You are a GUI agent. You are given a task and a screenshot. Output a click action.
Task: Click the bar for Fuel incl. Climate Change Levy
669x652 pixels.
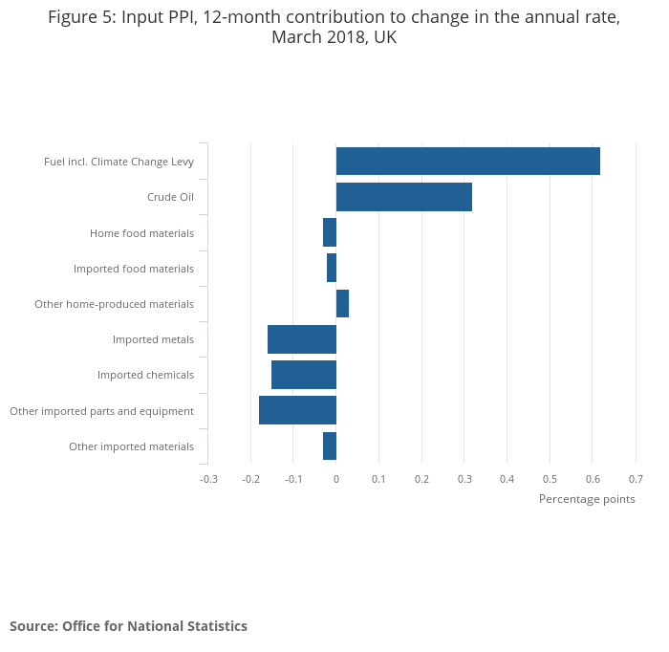pos(467,162)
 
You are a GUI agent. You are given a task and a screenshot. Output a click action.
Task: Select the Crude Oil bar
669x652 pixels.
pos(403,197)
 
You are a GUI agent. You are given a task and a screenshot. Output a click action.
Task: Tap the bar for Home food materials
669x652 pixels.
pos(330,232)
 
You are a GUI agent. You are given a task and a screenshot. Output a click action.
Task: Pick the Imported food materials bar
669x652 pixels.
pos(332,268)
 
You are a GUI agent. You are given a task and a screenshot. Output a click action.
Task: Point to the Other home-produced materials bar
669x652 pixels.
pos(342,304)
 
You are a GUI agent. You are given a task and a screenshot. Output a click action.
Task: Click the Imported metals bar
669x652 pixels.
pos(302,339)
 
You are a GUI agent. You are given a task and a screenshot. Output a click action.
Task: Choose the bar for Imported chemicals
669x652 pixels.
pos(304,375)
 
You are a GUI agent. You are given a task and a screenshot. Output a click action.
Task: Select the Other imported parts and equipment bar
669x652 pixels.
pos(297,410)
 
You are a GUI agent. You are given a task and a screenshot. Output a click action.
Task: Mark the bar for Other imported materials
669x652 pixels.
pos(330,446)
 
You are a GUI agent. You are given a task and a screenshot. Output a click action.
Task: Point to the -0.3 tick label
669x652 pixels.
pos(208,478)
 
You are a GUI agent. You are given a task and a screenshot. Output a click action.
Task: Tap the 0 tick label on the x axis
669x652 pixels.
pos(336,478)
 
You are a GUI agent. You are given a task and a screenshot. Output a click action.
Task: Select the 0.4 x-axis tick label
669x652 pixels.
pos(507,478)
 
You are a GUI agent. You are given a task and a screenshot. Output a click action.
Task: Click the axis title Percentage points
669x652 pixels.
pos(587,499)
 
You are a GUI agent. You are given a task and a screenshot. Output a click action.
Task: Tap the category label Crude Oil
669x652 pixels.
pos(170,198)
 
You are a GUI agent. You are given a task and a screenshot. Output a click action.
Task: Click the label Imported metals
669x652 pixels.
pos(153,339)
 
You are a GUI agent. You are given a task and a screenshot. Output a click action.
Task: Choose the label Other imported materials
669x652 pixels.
pos(131,446)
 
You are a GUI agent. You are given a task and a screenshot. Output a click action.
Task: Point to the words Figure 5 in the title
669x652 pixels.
pos(79,19)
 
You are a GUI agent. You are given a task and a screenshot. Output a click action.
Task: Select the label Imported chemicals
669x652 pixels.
pos(145,375)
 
